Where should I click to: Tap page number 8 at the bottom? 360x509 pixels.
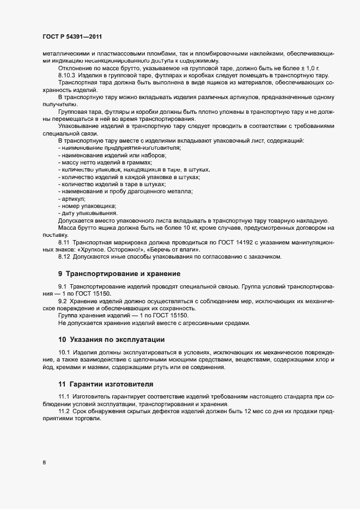click(44, 463)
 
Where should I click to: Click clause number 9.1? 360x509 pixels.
click(63, 286)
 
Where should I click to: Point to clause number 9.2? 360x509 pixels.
click(63, 301)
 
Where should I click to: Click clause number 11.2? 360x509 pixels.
click(64, 413)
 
